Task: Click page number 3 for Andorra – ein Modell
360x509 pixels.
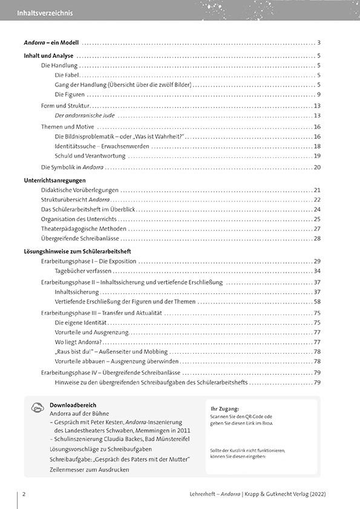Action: pos(318,42)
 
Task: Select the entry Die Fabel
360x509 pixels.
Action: pos(67,75)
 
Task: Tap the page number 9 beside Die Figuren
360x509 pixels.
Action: pos(318,94)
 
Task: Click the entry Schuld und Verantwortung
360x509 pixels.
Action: pos(90,155)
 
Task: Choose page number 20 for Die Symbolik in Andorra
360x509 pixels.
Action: pos(316,167)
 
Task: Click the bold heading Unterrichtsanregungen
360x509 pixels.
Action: pos(54,180)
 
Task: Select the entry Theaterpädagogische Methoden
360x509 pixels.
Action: pos(83,229)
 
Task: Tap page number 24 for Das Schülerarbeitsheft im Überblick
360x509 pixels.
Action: pos(316,209)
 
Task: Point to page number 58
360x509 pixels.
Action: pos(316,301)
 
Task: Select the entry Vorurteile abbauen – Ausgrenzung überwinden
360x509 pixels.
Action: pos(108,361)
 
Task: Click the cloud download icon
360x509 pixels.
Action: pos(36,408)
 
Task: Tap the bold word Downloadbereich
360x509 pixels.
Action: pos(73,405)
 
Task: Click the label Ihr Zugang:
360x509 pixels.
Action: pos(224,409)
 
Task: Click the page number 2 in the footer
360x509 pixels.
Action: pos(23,494)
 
